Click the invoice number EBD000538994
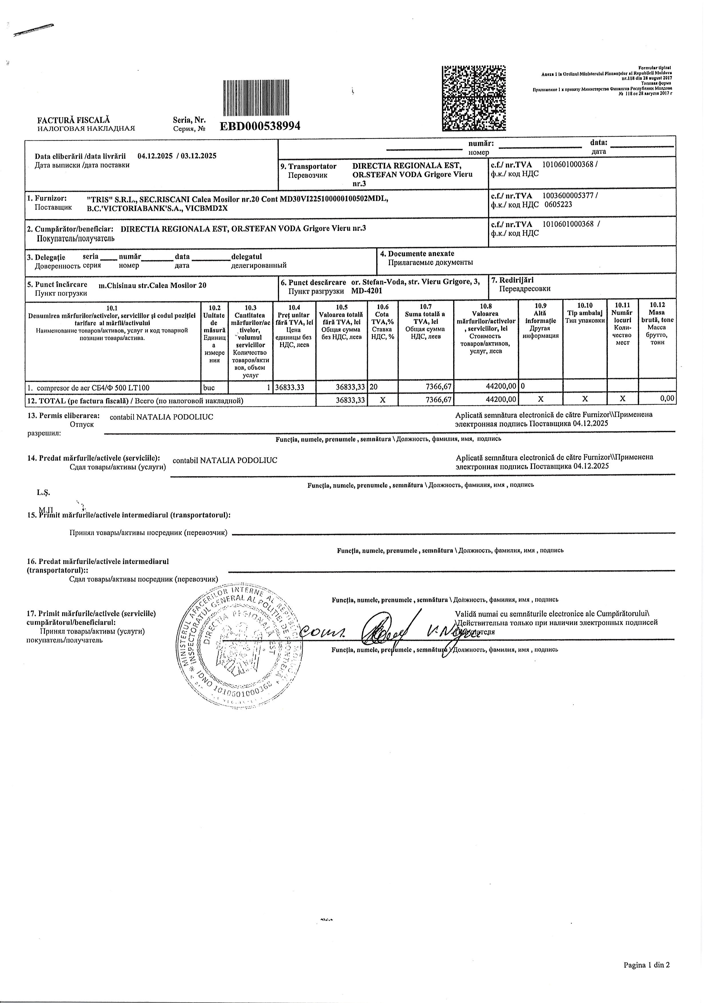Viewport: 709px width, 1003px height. pyautogui.click(x=260, y=126)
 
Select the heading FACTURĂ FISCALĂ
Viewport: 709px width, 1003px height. pyautogui.click(x=73, y=120)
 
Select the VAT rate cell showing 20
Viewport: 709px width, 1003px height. pyautogui.click(x=373, y=387)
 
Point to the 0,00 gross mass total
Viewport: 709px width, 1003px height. pyautogui.click(x=667, y=398)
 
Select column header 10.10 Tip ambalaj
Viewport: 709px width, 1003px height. pyautogui.click(x=585, y=313)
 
